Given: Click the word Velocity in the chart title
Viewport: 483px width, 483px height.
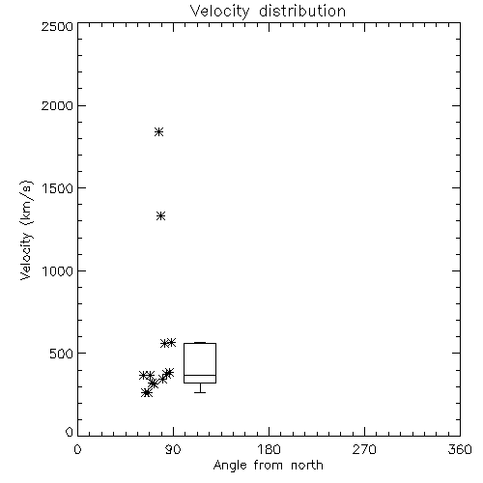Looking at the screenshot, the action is (219, 12).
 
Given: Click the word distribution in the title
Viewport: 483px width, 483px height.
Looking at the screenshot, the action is (302, 11).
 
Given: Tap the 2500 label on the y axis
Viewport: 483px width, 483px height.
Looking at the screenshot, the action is (57, 26).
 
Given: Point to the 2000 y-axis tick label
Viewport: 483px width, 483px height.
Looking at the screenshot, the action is (57, 105).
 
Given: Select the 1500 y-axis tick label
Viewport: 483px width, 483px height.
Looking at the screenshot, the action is (58, 188).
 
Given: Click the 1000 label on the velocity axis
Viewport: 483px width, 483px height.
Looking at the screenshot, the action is (58, 271).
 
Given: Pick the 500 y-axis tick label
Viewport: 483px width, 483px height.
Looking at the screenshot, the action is (62, 354).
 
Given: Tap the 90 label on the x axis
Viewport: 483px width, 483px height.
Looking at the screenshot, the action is (173, 449).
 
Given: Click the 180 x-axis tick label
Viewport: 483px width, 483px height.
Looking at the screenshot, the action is (269, 449).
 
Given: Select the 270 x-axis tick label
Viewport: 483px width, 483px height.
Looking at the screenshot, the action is (364, 449).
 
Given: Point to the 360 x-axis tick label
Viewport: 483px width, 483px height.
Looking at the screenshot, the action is (460, 449).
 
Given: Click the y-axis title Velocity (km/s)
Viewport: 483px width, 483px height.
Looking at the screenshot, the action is (26, 230).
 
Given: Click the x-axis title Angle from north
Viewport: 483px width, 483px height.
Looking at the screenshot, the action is (269, 466).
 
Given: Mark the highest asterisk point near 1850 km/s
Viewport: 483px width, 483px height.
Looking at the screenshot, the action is (158, 131).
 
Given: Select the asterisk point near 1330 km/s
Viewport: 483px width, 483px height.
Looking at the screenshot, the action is (161, 215).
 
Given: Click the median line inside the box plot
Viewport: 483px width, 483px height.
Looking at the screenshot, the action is (200, 375).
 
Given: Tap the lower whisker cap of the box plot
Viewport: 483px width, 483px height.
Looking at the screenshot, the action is (200, 392).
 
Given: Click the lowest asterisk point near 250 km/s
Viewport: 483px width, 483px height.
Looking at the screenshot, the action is (147, 393).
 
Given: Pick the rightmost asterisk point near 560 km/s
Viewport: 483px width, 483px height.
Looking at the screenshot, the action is (171, 342).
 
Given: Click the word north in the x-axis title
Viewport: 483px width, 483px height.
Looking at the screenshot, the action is (307, 465).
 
